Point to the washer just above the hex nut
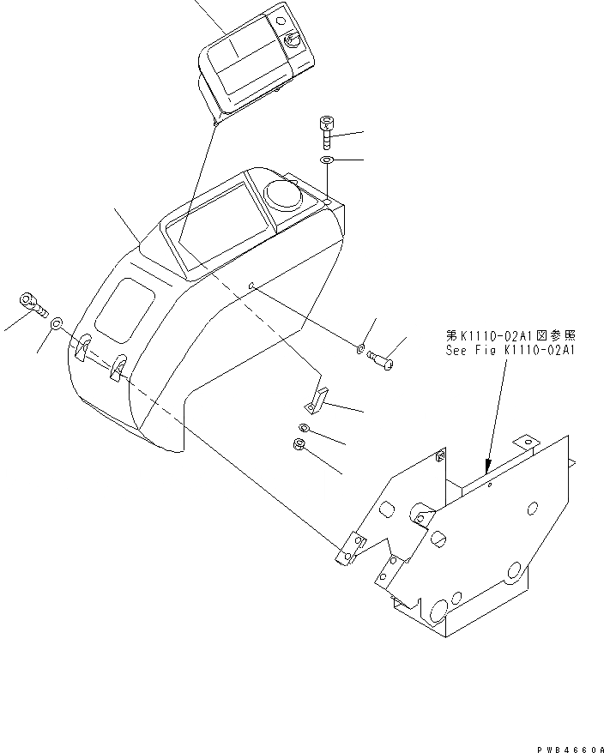click(305, 427)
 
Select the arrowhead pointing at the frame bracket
click(486, 468)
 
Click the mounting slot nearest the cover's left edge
click(82, 351)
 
